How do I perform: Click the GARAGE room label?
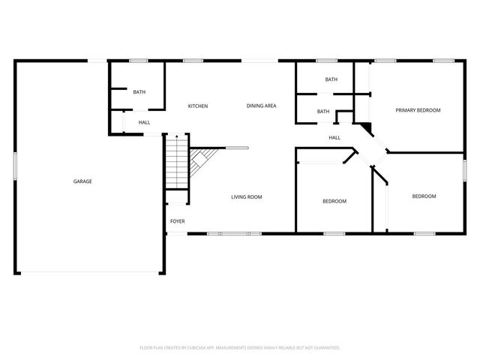[x=82, y=181]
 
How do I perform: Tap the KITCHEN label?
[x=198, y=106]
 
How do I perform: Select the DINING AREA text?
[x=262, y=106]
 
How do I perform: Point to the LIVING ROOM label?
[x=246, y=197]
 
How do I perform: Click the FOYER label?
[x=177, y=221]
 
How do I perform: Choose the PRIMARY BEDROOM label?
[x=418, y=110]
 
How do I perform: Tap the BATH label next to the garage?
[x=139, y=92]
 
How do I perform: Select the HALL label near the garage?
[x=144, y=122]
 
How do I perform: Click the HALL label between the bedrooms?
[x=334, y=137]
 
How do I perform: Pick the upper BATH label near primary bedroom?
[x=331, y=79]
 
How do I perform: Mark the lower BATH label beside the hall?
[x=323, y=112]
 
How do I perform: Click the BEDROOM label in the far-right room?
[x=424, y=196]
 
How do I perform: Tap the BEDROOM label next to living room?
[x=334, y=201]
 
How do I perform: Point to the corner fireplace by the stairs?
[x=201, y=159]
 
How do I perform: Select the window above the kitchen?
[x=193, y=61]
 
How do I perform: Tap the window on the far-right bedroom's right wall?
[x=464, y=169]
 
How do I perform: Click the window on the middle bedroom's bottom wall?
[x=334, y=234]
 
